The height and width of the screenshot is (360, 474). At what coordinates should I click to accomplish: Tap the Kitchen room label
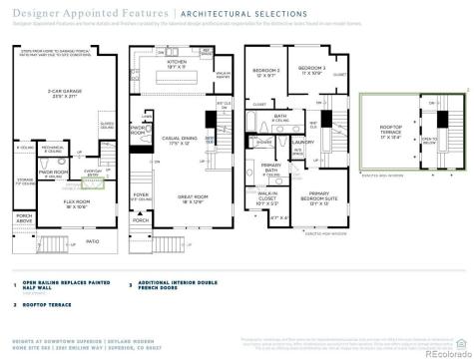pos(177,64)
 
